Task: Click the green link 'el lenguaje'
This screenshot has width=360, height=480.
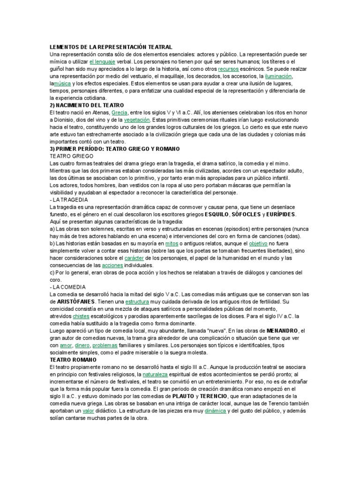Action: [x=102, y=61]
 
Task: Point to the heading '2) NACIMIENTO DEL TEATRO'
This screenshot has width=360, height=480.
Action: [x=87, y=105]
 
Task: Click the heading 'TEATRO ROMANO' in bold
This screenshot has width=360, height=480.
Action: [x=72, y=360]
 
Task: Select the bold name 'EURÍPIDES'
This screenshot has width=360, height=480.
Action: [x=281, y=215]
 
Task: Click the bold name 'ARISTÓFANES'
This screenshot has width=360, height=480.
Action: [x=75, y=302]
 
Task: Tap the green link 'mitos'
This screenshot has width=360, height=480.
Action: [x=172, y=244]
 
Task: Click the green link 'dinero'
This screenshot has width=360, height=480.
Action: [x=82, y=345]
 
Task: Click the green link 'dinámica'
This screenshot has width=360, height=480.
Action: [x=212, y=411]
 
